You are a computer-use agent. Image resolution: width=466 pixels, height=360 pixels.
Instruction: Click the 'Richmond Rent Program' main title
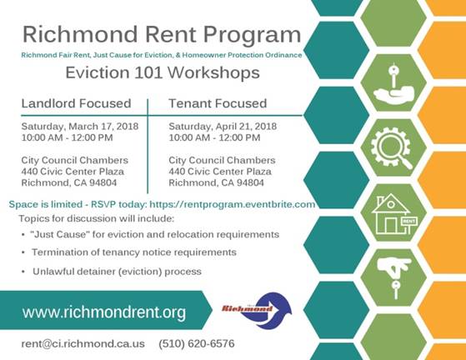pos(162,35)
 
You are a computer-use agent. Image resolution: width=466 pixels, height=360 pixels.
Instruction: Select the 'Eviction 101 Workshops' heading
pos(163,72)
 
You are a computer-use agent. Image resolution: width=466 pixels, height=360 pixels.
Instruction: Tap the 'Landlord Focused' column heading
pos(76,103)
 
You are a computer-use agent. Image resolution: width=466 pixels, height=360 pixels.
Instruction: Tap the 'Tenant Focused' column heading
pos(218,103)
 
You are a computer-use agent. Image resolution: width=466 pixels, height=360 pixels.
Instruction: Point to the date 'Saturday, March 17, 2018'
pos(80,127)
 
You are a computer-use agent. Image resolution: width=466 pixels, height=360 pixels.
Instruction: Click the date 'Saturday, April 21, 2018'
pos(223,127)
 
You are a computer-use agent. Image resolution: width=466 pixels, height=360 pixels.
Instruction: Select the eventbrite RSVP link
pos(232,205)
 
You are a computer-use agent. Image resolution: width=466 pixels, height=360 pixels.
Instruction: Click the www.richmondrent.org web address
pos(104,312)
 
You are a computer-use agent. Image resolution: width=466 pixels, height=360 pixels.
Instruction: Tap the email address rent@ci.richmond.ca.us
pos(83,343)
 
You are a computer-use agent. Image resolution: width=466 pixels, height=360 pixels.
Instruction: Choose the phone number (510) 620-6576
pos(197,343)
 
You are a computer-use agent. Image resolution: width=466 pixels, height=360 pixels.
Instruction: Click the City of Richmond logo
pos(257,310)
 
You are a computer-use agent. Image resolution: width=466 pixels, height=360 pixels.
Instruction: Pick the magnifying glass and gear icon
pos(392,148)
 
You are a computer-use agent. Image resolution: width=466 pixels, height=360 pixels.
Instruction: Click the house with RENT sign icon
pos(394,213)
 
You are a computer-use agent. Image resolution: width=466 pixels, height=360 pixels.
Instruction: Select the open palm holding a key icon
pos(393,82)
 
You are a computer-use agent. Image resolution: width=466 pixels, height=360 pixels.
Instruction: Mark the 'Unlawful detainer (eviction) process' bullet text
pos(117,272)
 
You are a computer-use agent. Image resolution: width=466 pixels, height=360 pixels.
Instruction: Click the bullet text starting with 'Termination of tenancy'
pos(134,252)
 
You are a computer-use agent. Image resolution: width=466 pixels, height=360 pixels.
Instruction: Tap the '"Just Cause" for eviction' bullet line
pos(155,235)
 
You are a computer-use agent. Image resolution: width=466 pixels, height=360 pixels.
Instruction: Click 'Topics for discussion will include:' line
pos(97,219)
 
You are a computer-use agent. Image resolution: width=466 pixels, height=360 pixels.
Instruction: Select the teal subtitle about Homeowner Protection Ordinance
pos(162,55)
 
